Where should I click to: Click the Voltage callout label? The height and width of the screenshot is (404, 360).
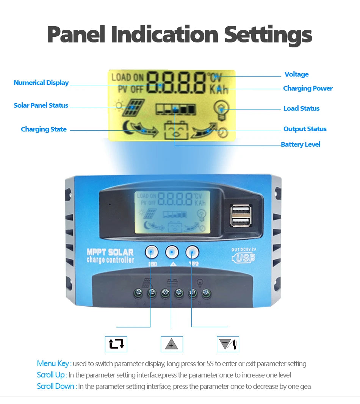coord(296,75)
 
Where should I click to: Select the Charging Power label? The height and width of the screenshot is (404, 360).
coord(308,89)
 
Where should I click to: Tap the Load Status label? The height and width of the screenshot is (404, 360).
coord(301,109)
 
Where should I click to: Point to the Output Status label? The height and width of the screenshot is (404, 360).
coord(305,129)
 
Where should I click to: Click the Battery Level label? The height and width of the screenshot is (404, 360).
coord(301,144)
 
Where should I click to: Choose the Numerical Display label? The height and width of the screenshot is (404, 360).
coord(41,83)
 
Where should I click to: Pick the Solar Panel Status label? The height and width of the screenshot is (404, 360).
coord(41,106)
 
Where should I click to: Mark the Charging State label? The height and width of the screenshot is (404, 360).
coord(44,130)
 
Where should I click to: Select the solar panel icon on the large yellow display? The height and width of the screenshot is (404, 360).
coord(133,108)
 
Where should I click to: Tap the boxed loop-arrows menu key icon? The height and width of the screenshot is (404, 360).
coord(116,344)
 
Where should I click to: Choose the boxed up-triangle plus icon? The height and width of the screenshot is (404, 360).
coord(172,344)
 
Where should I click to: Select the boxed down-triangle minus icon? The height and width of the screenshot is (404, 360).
coord(227,344)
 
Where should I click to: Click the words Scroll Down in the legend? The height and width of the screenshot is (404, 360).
coord(56,386)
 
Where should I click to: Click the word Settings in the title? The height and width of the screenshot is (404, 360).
coord(268,34)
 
